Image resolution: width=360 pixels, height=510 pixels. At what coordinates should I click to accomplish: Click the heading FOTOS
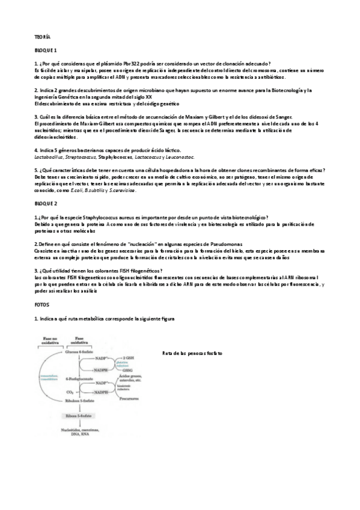click(41, 305)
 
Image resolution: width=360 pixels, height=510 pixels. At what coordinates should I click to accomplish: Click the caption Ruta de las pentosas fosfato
click(192, 353)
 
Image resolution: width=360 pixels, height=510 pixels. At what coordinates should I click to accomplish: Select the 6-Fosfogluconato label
click(79, 379)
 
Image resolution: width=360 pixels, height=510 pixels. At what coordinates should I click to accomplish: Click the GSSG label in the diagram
click(124, 370)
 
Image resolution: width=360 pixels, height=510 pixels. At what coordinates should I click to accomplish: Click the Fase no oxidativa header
click(50, 340)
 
